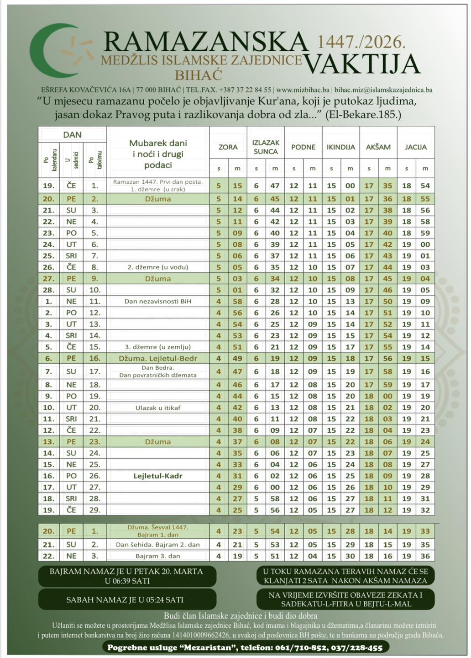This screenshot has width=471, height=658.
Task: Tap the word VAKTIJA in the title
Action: [x=361, y=64]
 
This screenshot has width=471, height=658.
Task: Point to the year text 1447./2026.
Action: [x=361, y=42]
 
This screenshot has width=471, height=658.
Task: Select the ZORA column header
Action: [x=228, y=147]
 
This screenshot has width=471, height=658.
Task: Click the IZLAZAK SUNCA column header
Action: [x=266, y=147]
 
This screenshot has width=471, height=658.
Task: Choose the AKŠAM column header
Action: [x=378, y=147]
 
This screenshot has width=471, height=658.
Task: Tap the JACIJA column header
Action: [x=416, y=147]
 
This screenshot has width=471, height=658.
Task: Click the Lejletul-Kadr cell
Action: [x=158, y=476]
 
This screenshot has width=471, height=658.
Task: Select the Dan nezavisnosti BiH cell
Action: [x=158, y=302]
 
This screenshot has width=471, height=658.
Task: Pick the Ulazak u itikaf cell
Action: [x=158, y=408]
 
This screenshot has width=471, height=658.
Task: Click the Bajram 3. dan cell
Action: [x=158, y=556]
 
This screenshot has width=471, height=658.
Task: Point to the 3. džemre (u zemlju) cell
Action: [x=158, y=347]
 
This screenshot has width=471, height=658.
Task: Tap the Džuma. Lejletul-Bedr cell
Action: [x=158, y=358]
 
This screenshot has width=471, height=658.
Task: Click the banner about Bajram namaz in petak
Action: [x=126, y=576]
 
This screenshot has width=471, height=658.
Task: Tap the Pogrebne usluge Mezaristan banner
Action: [x=245, y=647]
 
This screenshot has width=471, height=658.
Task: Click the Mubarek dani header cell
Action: [x=158, y=154]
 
